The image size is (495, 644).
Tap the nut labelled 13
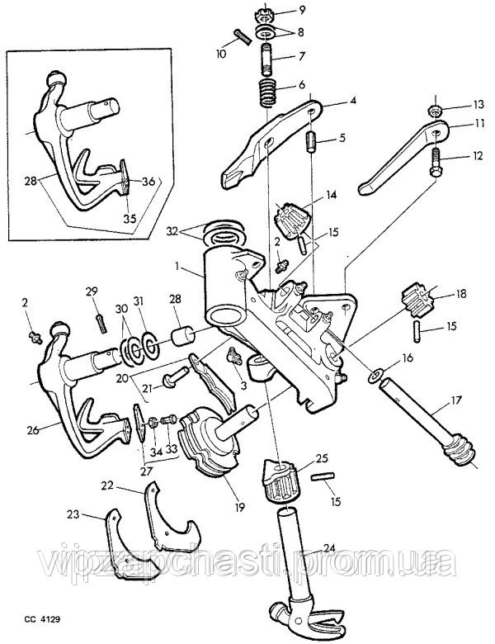[x=435, y=111]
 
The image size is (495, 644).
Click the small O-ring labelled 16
[x=374, y=377]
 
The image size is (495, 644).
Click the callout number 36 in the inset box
[x=148, y=182]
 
